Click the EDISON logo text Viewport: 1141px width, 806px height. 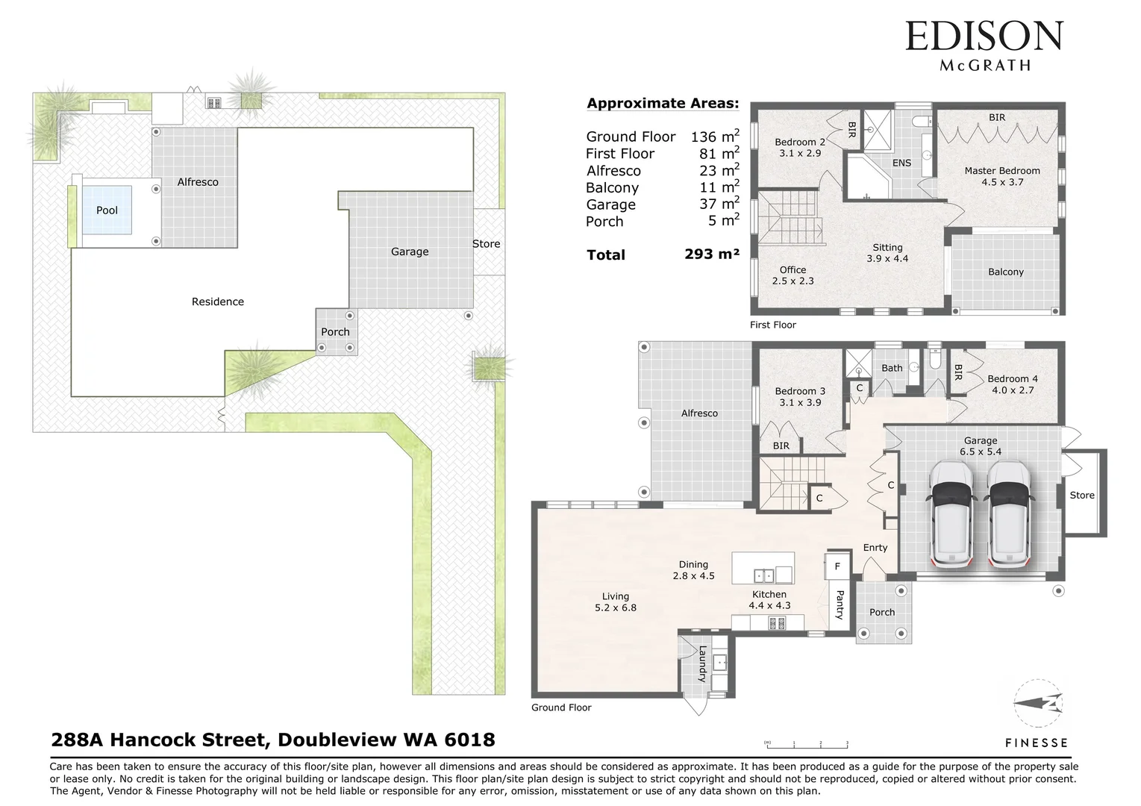[x=984, y=37]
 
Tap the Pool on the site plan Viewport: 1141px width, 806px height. [x=107, y=210]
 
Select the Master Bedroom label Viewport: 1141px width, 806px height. [x=1001, y=171]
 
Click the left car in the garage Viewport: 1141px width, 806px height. [x=951, y=514]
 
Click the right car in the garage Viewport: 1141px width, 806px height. [x=1008, y=514]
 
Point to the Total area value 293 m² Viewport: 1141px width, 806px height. [x=711, y=254]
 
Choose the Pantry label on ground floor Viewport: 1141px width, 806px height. [x=840, y=604]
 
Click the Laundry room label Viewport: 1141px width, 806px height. [x=702, y=663]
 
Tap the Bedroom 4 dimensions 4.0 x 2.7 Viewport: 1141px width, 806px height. [x=1013, y=390]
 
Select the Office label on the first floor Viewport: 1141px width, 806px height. [x=793, y=270]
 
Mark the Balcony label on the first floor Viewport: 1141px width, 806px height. [x=1005, y=272]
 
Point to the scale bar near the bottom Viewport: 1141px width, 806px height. [x=806, y=743]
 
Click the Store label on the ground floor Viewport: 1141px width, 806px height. [x=1081, y=496]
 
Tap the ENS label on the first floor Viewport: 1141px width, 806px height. [x=901, y=163]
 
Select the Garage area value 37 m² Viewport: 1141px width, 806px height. [x=719, y=204]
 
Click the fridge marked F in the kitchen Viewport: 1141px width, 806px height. [x=837, y=566]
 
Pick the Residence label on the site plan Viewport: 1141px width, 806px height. [x=217, y=302]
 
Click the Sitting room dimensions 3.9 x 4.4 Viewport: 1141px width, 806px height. [x=887, y=259]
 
